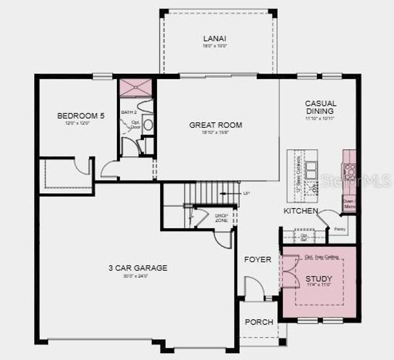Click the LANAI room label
coord(215,38)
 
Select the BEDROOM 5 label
coord(80,116)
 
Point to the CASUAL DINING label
coord(320,107)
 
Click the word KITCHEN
coord(300,211)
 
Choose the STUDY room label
coord(318,279)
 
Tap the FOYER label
coord(257,260)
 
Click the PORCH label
coord(259,322)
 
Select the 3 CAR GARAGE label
coord(137,268)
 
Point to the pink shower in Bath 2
coord(135,88)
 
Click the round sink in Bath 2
coord(148,124)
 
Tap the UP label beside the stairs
coord(246,193)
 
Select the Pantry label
coord(340,229)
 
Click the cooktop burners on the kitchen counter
coord(349,167)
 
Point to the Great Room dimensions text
coord(215,133)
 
